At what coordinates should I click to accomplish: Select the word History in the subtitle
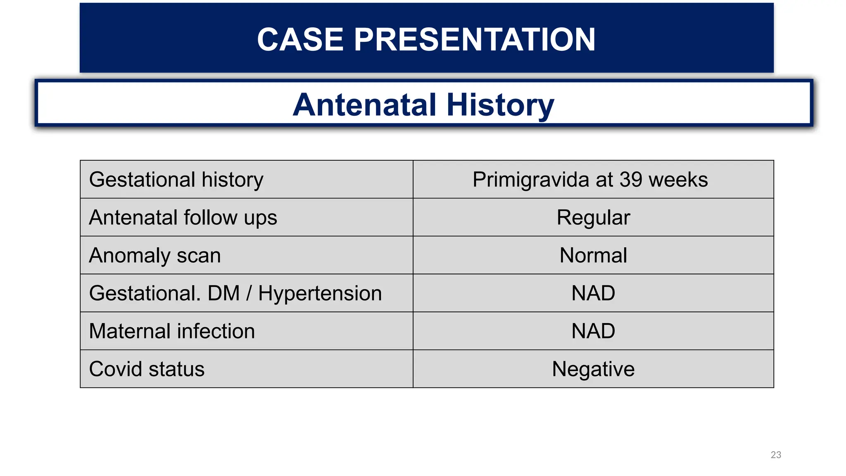point(500,105)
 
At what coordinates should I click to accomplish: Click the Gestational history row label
point(176,180)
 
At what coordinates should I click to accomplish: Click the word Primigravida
point(531,180)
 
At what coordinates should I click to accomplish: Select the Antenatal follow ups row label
point(183,218)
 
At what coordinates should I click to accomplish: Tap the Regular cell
point(593,218)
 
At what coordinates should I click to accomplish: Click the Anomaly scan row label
point(155,255)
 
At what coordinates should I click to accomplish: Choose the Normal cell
point(593,255)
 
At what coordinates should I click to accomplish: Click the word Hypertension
point(320,293)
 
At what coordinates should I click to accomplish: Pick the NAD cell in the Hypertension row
point(593,293)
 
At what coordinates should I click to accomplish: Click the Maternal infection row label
point(172,331)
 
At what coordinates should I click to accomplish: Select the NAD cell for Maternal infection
point(593,331)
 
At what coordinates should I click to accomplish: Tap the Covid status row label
point(147,369)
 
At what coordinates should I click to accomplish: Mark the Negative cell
point(593,369)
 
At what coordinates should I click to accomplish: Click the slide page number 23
point(776,455)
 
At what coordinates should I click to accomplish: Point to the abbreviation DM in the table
point(223,293)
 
